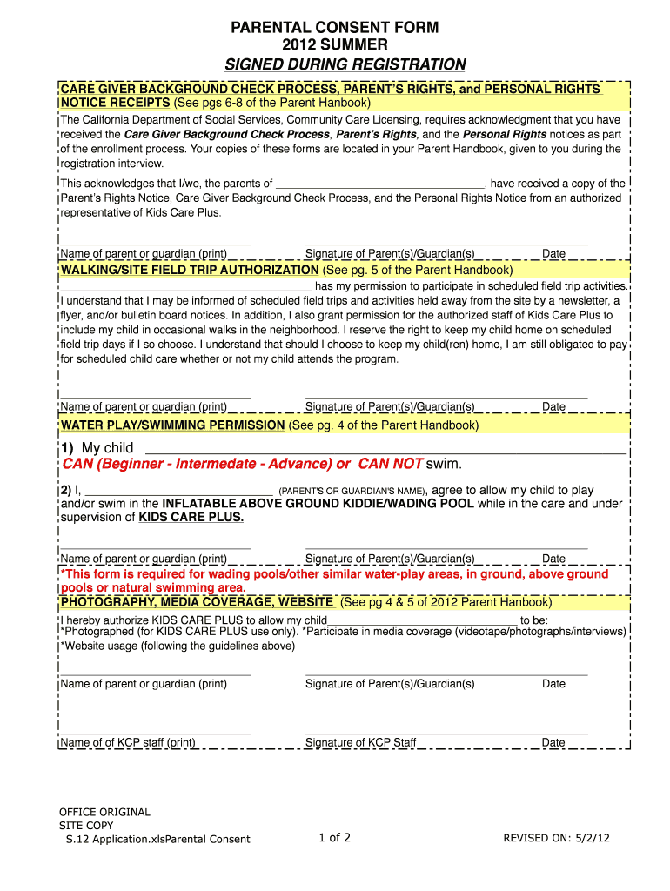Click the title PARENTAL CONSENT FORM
(334, 28)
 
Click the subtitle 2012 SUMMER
(334, 44)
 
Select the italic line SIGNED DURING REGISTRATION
(345, 64)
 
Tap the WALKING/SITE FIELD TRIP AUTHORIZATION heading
(190, 271)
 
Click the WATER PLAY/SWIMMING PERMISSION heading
(172, 425)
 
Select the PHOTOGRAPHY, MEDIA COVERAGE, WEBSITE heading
(197, 602)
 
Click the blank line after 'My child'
(383, 448)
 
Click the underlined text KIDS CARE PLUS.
(191, 517)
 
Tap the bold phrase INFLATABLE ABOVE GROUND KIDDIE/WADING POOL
(318, 504)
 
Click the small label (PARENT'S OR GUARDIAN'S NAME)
(352, 491)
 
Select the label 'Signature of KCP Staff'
(360, 743)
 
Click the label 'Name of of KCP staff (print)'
(127, 743)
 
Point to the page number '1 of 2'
(334, 838)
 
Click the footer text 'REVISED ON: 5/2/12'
(556, 839)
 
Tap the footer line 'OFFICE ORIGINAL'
(104, 812)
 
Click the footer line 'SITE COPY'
(86, 825)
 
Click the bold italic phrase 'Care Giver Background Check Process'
(227, 135)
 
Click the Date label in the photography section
(553, 684)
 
